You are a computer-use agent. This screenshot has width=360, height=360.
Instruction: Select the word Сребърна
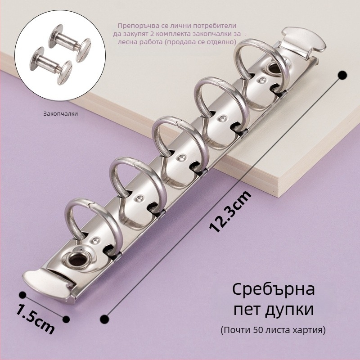pos(274,289)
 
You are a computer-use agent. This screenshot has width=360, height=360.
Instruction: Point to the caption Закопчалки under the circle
pos(61,113)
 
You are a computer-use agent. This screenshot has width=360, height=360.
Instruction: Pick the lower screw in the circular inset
pos(51,65)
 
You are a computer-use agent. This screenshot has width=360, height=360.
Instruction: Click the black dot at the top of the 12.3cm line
pos(343,75)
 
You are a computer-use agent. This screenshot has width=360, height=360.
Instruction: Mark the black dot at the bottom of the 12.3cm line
pos(104,319)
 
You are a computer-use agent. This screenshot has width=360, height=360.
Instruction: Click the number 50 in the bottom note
pos(258,330)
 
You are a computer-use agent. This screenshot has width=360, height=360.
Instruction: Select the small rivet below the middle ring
pos(181,158)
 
